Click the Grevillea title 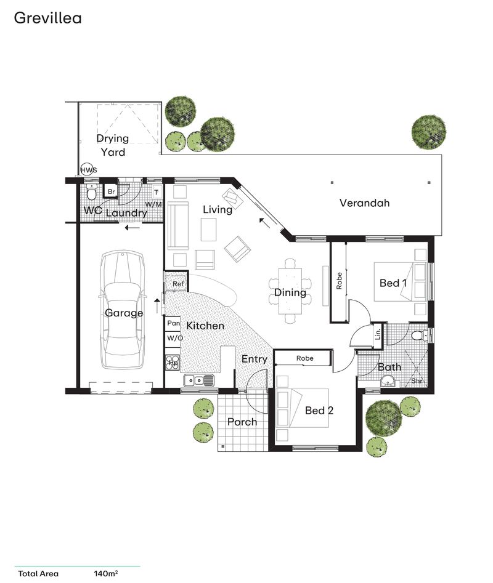point(47,18)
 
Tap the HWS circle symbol point(88,170)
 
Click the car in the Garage point(121,310)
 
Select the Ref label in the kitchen point(178,284)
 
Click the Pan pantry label point(173,323)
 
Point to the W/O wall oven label point(174,338)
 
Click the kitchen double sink point(199,380)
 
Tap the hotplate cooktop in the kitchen point(173,363)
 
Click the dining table point(290,291)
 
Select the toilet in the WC point(91,192)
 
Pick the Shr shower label point(417,381)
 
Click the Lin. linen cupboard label point(378,334)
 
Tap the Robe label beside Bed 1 point(339,281)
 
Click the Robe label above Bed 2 point(304,358)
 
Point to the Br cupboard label point(112,192)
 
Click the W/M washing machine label point(153,204)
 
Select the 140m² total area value point(105,574)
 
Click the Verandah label point(364,203)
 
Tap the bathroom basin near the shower point(388,381)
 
